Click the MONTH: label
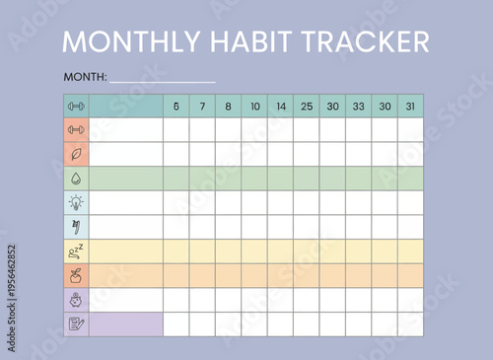coord(85,77)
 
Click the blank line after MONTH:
coord(162,79)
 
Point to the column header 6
coord(176,107)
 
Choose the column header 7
coord(202,107)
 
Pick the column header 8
coord(228,107)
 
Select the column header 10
coord(254,107)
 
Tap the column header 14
coord(280,107)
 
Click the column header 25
coord(307,107)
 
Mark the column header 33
coord(358,107)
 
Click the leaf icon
coord(76,154)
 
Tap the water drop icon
coord(76,179)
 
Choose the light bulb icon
coord(76,202)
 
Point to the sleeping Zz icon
coord(76,251)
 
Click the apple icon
coord(76,275)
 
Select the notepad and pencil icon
coord(76,324)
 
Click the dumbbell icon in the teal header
coord(76,107)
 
